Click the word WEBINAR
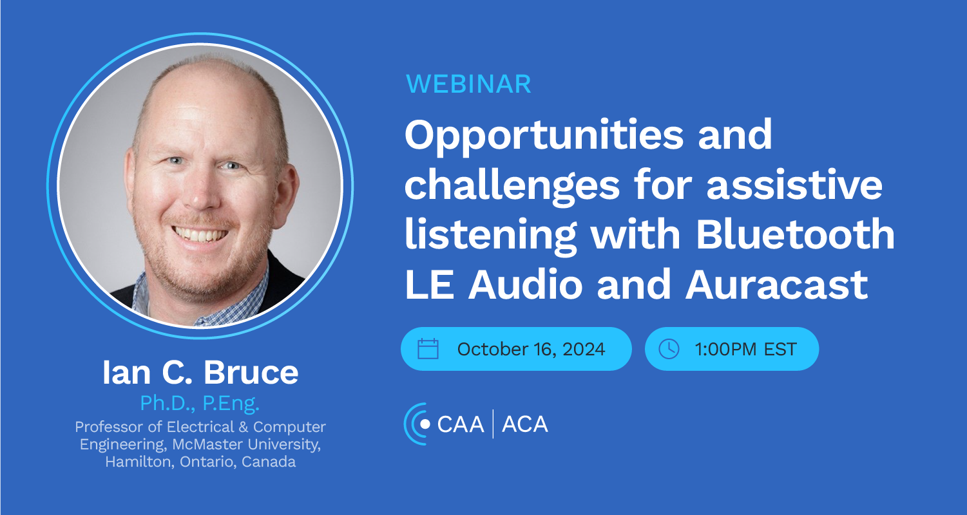[x=468, y=84]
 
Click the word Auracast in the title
[x=776, y=285]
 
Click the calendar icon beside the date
[x=428, y=348]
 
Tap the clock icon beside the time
[x=669, y=348]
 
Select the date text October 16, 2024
[x=531, y=349]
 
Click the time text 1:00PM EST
[x=745, y=349]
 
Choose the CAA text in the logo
[x=460, y=424]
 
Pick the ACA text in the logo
[x=525, y=424]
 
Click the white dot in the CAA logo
[x=425, y=424]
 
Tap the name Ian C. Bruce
[x=200, y=372]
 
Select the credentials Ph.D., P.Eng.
[x=200, y=404]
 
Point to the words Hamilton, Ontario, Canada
[x=200, y=462]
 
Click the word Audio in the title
[x=526, y=285]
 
